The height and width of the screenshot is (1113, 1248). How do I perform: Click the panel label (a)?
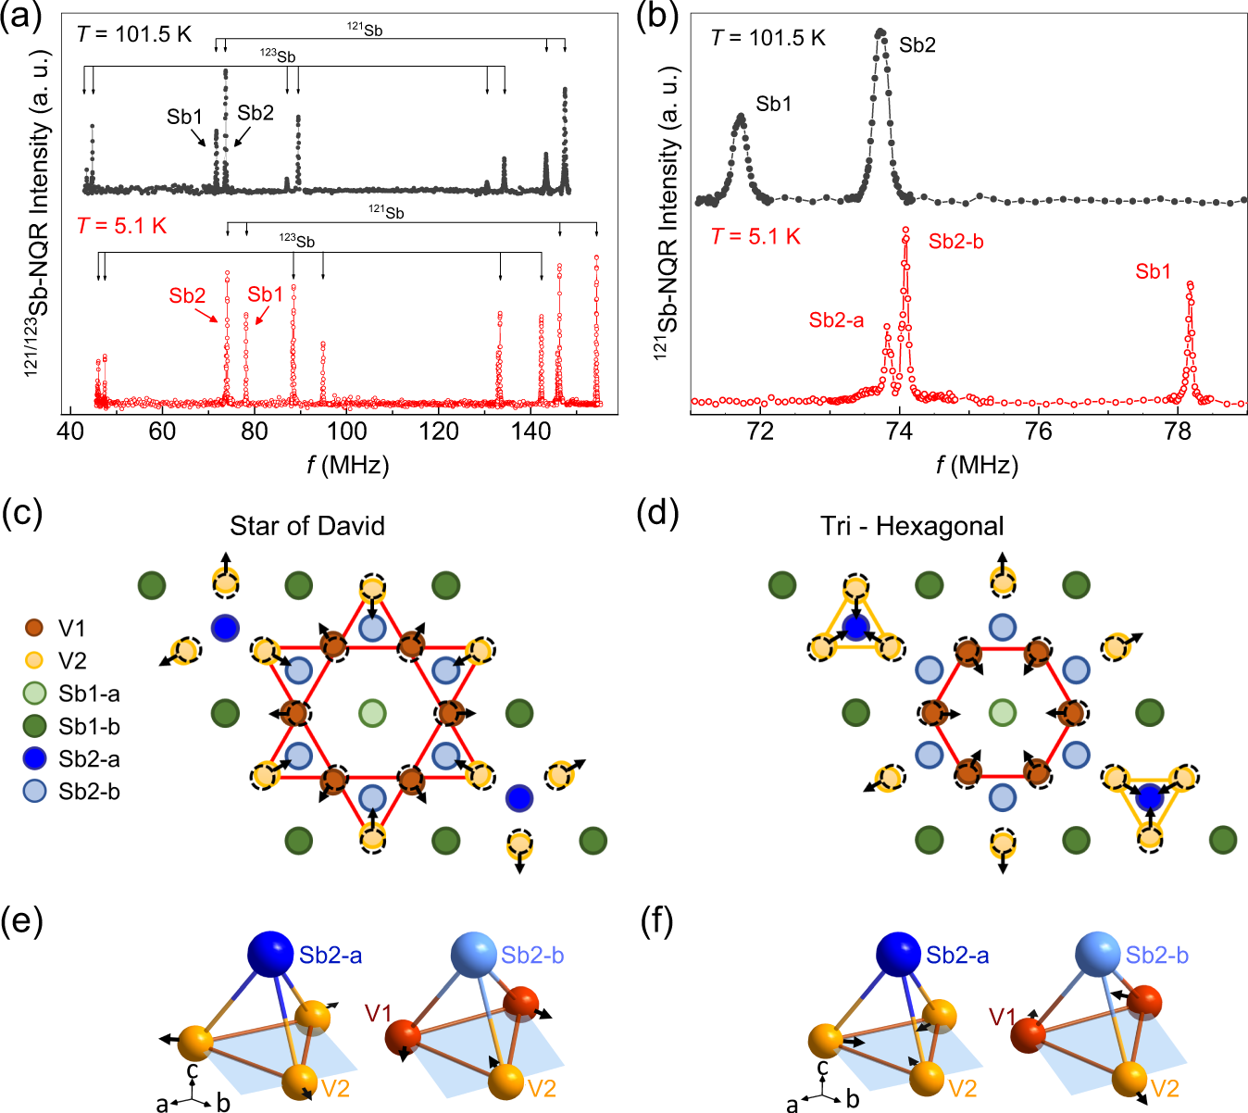pos(22,18)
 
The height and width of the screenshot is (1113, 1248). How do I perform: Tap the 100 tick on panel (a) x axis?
pos(346,431)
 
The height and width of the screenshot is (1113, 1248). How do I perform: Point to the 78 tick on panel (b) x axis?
pos(1178,431)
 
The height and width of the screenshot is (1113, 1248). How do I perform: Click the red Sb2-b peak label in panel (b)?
pos(955,242)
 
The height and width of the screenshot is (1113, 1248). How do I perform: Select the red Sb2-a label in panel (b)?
pos(836,320)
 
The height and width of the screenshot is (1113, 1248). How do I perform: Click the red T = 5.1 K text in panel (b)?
pos(755,237)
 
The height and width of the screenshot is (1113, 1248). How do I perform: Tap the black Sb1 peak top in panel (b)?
pos(740,118)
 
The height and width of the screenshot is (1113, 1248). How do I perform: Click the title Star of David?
pos(307,526)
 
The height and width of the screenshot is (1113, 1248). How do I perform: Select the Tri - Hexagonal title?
pos(912,526)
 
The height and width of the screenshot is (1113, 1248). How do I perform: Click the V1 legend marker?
pos(34,628)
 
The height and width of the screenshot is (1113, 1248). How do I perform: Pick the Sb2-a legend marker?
pos(34,759)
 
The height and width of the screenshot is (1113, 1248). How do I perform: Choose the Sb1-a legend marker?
pos(34,694)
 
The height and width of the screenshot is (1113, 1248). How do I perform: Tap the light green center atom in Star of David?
pos(372,713)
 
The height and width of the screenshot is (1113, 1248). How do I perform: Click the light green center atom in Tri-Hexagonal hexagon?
pos(1002,713)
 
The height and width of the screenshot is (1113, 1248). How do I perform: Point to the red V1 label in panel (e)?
pos(378,1014)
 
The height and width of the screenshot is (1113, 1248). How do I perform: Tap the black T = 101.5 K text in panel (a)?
pos(134,34)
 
